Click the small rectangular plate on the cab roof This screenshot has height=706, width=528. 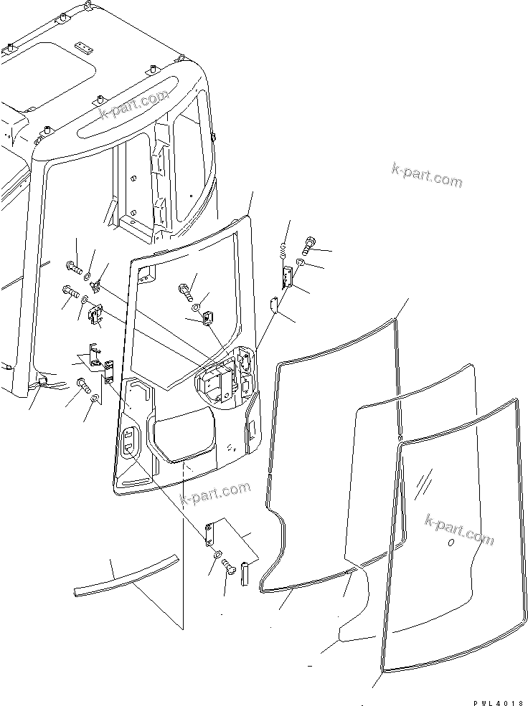pyautogui.click(x=85, y=48)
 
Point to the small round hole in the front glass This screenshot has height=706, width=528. pyautogui.click(x=451, y=544)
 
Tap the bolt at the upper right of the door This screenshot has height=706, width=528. pyautogui.click(x=310, y=246)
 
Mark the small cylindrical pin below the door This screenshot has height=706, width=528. pyautogui.click(x=244, y=572)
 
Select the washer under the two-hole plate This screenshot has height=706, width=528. pyautogui.click(x=217, y=555)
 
